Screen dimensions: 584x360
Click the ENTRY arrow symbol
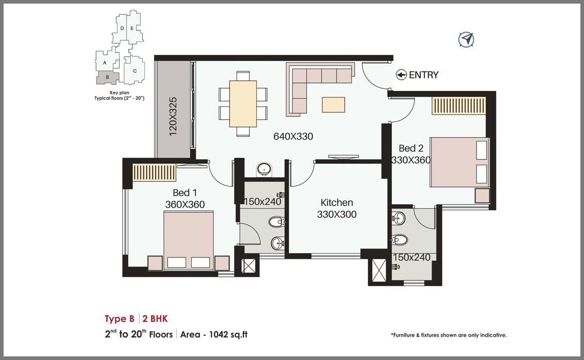click(x=401, y=75)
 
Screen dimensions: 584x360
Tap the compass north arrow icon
click(x=466, y=39)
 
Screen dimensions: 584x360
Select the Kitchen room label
click(x=336, y=202)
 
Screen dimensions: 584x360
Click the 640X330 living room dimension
click(x=293, y=136)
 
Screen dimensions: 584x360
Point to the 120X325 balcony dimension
click(x=173, y=116)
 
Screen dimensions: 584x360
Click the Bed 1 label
click(x=185, y=193)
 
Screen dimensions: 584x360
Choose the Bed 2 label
click(x=411, y=148)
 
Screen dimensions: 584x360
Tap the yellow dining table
click(x=243, y=104)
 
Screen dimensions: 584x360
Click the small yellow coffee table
click(x=333, y=105)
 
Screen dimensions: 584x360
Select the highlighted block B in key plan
click(x=107, y=77)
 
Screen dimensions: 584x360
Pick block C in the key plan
click(x=134, y=71)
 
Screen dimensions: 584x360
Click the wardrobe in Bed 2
click(x=459, y=106)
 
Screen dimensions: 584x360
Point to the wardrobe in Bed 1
click(x=154, y=173)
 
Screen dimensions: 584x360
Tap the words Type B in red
click(x=119, y=319)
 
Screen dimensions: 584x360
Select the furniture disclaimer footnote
click(x=449, y=335)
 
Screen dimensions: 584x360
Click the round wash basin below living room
click(x=264, y=169)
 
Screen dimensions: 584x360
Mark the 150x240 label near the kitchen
click(x=263, y=201)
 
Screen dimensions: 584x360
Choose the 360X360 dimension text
click(x=185, y=205)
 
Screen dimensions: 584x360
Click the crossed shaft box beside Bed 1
click(x=249, y=266)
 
